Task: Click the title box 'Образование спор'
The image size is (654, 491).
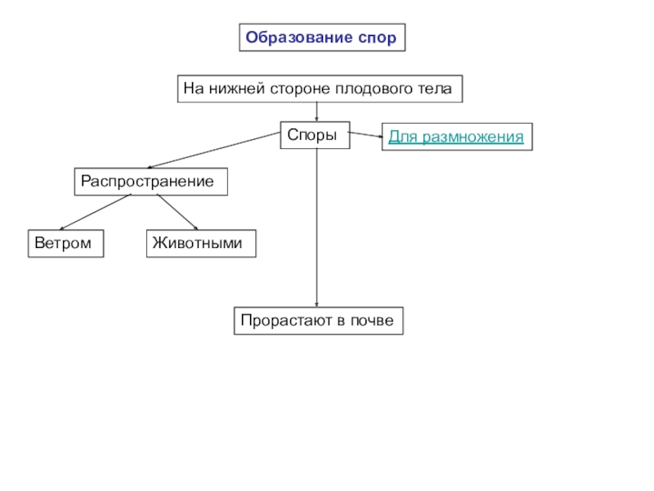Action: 322,38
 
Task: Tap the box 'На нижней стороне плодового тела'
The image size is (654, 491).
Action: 320,88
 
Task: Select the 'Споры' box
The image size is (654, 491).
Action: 316,135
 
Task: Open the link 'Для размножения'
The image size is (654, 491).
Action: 455,137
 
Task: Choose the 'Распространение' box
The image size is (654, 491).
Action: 151,182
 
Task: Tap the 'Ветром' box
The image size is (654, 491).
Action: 66,244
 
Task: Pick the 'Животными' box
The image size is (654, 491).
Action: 200,244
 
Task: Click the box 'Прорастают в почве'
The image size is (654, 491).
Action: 319,321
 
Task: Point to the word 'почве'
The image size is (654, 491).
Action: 374,321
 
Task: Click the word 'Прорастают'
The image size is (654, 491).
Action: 280,321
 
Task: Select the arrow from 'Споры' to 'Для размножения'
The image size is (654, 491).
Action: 365,134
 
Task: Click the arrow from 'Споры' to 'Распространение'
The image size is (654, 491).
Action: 214,151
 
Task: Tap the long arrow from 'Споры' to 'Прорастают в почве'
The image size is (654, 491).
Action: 317,229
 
